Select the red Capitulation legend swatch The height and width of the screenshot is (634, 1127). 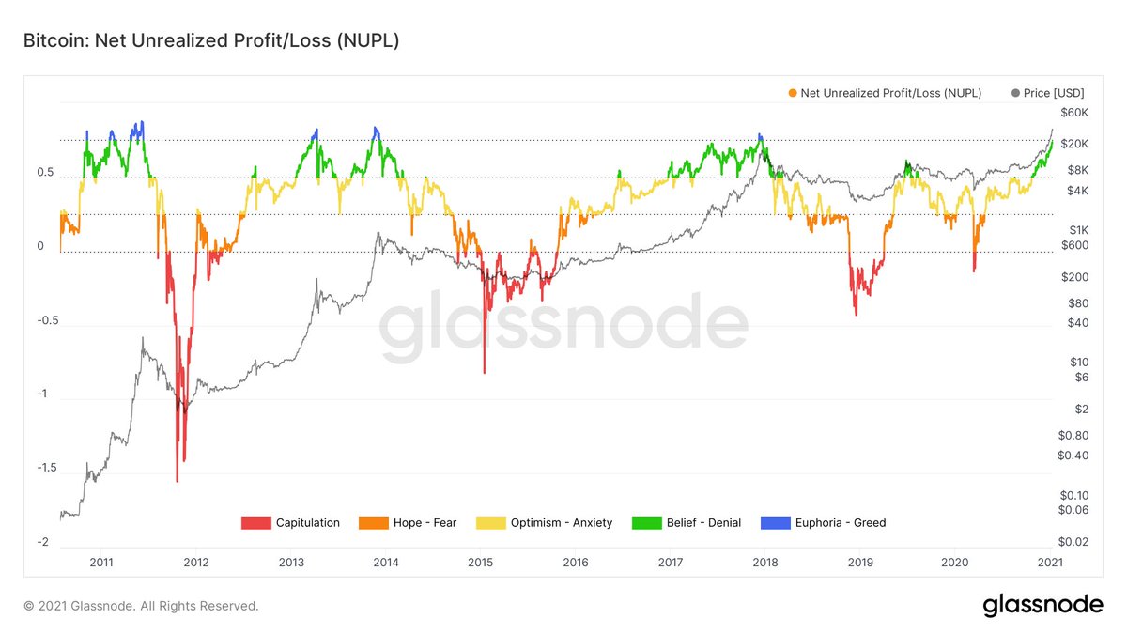tap(256, 522)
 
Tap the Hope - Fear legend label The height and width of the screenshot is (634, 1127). tap(425, 522)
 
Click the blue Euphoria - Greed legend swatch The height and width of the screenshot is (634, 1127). tap(773, 522)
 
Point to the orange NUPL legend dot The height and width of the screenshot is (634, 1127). tap(794, 93)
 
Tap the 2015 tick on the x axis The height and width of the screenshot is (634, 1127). tap(480, 563)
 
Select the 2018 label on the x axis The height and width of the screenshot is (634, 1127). tap(766, 563)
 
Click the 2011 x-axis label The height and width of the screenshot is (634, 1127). tap(101, 563)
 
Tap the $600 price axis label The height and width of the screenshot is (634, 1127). tap(1072, 245)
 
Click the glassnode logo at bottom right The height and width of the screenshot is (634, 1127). tap(1042, 605)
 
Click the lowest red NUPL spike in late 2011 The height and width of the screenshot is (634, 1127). tap(177, 480)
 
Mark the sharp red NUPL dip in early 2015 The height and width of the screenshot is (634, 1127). tap(485, 372)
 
